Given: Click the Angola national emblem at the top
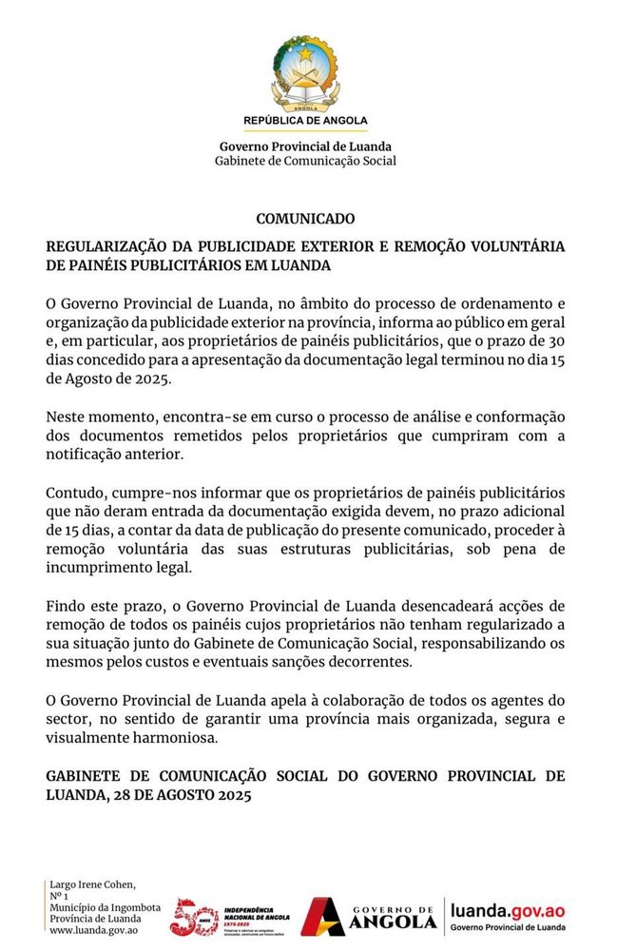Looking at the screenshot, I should pos(305,72).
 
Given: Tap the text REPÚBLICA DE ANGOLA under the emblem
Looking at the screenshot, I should pos(305,122).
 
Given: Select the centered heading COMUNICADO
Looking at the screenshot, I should pos(305,219).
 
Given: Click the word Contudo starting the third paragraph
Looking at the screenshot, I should pos(74,493).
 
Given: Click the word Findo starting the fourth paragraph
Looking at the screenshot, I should pos(66,607).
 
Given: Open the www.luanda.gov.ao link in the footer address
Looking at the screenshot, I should pos(93,930).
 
